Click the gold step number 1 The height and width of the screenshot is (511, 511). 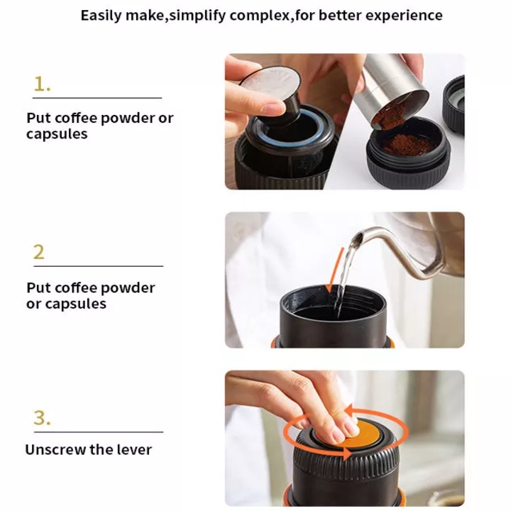coord(42,84)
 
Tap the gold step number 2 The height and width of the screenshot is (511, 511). coord(39,252)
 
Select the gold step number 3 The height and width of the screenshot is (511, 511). coord(42,418)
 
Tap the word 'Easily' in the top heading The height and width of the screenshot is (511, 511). coord(101,16)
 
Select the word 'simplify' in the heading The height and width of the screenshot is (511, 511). coord(197,16)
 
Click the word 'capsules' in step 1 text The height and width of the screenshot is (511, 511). coord(57,134)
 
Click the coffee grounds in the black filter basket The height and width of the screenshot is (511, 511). coord(409,145)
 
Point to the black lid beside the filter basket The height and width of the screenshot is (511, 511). coord(454,104)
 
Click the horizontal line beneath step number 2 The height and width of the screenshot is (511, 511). coord(99,266)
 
